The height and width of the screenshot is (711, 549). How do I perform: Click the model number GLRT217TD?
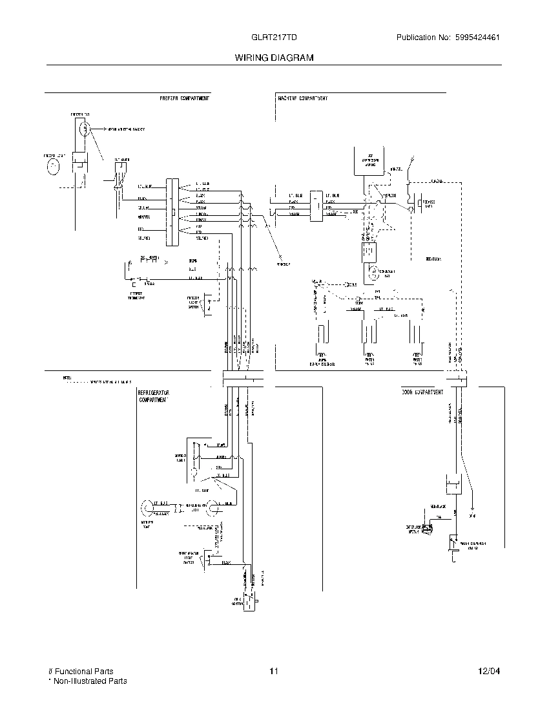tap(273, 37)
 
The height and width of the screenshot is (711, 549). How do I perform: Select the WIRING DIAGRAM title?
tap(274, 58)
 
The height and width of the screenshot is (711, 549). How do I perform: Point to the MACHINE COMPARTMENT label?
tap(303, 98)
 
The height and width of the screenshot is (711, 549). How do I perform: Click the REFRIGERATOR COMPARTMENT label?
tap(154, 396)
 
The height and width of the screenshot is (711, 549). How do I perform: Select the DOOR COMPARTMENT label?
tap(422, 392)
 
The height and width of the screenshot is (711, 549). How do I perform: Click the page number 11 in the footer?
tap(274, 672)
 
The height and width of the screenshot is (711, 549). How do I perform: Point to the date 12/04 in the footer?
tap(490, 672)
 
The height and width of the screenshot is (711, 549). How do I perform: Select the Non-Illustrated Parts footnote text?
tap(90, 681)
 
